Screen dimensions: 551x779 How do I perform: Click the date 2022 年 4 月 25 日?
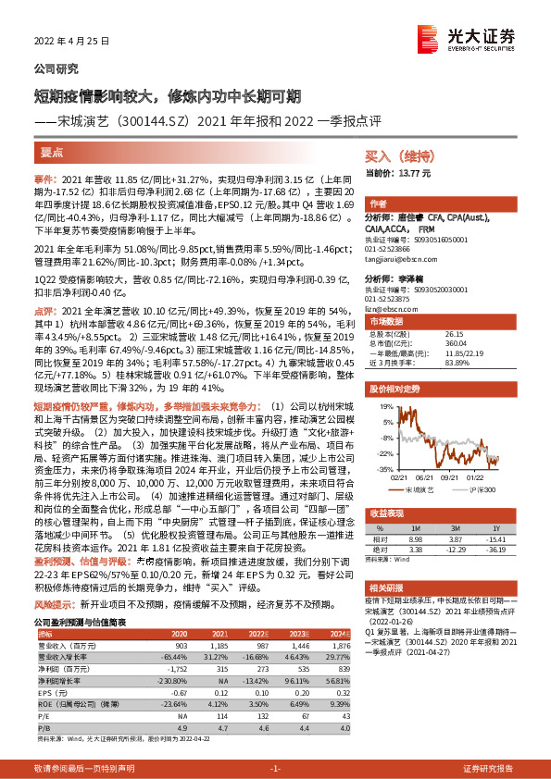[72, 41]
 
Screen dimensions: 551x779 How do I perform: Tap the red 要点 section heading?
[52, 154]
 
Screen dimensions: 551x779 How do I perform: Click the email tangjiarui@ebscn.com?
[401, 260]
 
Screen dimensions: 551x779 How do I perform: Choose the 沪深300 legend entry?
[483, 488]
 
